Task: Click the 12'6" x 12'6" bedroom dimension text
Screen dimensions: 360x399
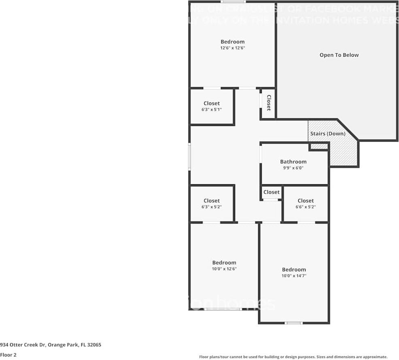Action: (233, 48)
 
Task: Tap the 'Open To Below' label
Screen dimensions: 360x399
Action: (339, 55)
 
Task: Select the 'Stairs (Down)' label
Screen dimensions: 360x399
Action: (328, 134)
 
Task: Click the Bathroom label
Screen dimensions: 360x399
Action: (293, 162)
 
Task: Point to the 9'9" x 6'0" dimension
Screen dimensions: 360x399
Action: (293, 168)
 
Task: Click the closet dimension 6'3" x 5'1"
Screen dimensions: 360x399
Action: (212, 109)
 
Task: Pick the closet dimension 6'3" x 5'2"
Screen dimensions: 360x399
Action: (212, 207)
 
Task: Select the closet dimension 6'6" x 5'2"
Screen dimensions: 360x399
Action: (306, 207)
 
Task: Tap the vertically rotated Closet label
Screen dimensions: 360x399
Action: (268, 103)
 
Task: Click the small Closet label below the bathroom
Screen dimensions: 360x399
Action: (272, 192)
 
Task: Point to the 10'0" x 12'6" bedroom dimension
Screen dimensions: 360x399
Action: (224, 268)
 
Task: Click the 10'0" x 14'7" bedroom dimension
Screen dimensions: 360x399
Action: (294, 276)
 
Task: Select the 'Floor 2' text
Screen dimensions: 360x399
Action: (8, 355)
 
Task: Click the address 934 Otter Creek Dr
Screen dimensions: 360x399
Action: (51, 345)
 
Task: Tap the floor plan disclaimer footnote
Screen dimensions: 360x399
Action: (293, 357)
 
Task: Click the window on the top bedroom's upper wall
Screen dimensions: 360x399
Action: (232, 2)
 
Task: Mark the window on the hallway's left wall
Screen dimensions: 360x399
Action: (189, 156)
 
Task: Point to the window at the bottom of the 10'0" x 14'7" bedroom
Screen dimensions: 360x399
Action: (294, 323)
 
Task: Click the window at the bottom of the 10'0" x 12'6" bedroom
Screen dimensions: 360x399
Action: (223, 309)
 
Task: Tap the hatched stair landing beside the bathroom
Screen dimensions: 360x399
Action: (344, 154)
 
